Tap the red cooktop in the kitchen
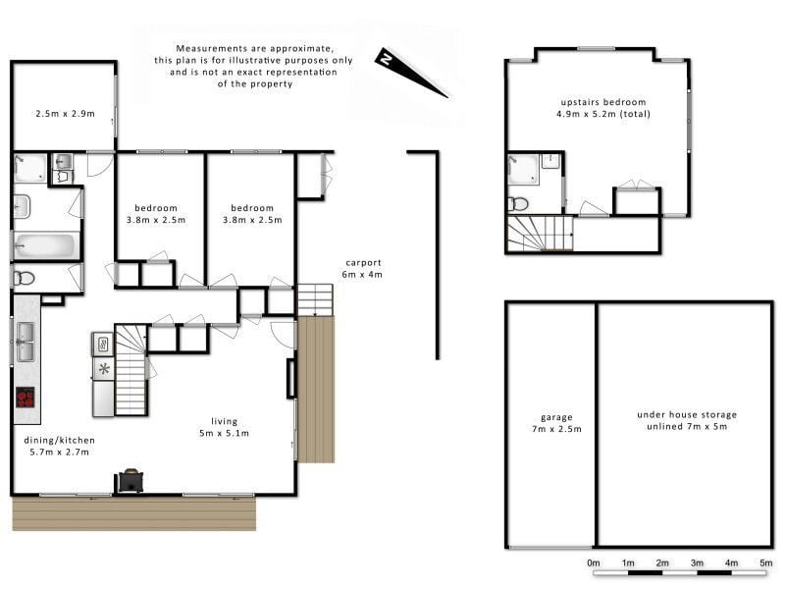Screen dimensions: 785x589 26,398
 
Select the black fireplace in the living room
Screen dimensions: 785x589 131,481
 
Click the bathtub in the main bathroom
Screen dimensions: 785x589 45,246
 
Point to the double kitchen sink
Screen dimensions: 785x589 26,342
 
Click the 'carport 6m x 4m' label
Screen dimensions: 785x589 362,268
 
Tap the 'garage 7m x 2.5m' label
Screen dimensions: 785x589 556,423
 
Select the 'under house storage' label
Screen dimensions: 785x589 687,414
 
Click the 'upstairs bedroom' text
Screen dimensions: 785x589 603,102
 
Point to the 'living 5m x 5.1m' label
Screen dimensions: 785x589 225,427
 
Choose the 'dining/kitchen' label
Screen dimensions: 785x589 60,440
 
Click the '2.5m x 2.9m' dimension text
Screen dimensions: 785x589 65,114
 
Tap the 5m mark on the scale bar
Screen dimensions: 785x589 766,562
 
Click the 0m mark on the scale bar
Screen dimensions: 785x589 594,562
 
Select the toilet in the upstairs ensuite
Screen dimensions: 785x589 519,204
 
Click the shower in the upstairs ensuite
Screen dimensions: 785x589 524,169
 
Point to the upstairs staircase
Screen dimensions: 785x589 541,233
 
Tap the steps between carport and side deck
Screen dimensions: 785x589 315,300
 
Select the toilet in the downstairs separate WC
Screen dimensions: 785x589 24,278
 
